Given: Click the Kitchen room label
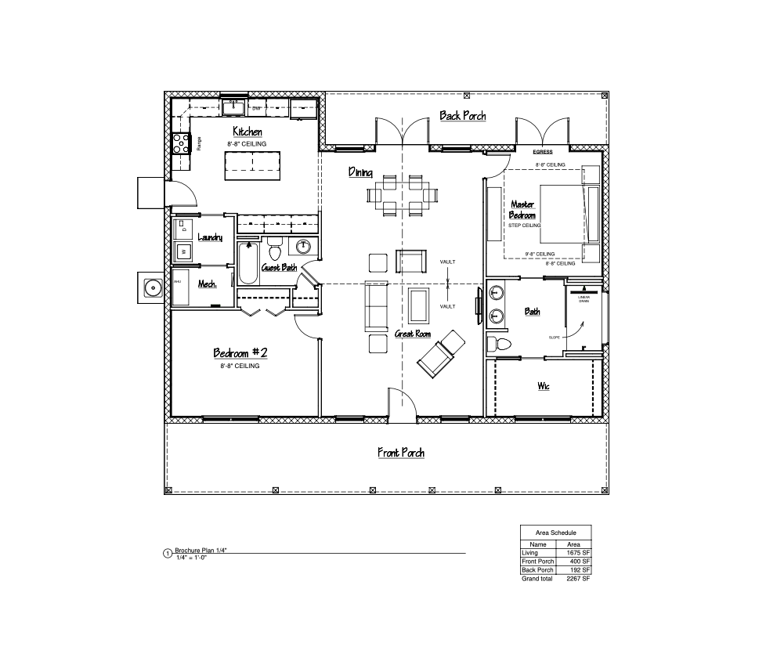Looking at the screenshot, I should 248,132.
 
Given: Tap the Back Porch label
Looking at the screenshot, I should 462,116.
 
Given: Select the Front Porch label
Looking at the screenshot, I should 401,453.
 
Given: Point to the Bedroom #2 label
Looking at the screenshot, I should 240,353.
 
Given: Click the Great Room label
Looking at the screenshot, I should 413,334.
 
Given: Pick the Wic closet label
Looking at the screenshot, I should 543,386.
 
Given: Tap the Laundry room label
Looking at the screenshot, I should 210,237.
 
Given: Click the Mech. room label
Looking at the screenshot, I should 207,284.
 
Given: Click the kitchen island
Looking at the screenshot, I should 251,165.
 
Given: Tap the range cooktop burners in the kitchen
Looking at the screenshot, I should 181,142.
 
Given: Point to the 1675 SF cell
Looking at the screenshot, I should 578,553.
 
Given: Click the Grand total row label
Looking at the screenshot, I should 537,579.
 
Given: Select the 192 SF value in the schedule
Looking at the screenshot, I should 578,570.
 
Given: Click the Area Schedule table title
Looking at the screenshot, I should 556,533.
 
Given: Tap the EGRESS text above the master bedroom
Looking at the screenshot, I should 543,152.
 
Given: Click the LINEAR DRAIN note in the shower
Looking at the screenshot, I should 584,299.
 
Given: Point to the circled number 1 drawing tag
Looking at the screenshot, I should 167,554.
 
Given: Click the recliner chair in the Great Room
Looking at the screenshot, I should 440,353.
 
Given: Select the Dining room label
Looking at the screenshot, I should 360,172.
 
